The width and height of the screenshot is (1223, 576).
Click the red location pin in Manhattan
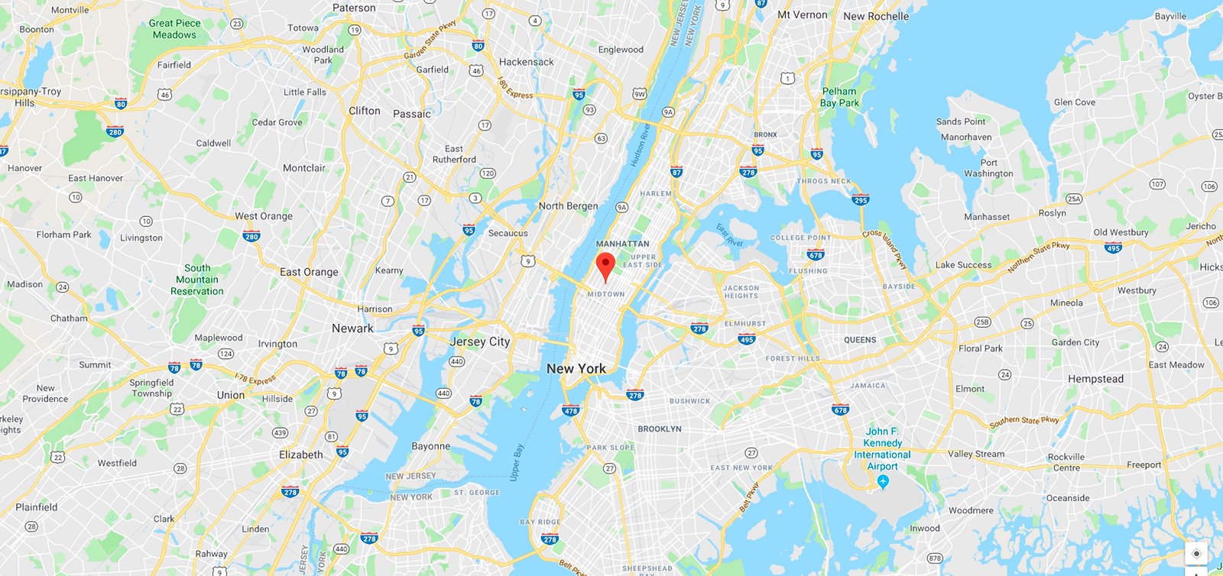[605, 265]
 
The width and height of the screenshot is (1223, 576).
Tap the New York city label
[576, 368]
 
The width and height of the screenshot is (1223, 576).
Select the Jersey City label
[479, 341]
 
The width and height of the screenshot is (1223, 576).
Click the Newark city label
[352, 328]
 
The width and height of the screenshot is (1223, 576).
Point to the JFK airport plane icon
[883, 481]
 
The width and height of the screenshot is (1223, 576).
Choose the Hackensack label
[526, 62]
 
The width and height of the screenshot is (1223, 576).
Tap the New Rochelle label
[876, 16]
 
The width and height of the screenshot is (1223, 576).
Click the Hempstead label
[1095, 379]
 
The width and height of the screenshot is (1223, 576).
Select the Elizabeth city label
[300, 455]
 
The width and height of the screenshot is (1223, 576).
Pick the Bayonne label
[430, 446]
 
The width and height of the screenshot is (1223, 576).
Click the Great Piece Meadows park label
[175, 29]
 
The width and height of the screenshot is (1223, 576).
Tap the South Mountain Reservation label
[197, 280]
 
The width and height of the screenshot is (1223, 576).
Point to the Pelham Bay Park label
[839, 97]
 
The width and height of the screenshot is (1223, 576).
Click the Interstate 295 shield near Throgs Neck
[861, 200]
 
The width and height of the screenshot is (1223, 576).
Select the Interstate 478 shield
[571, 410]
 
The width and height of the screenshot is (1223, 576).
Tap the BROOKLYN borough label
[659, 429]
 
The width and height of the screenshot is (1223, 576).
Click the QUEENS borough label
[860, 340]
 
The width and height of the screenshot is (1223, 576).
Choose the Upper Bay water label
[517, 462]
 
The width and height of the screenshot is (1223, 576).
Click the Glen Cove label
[1074, 102]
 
